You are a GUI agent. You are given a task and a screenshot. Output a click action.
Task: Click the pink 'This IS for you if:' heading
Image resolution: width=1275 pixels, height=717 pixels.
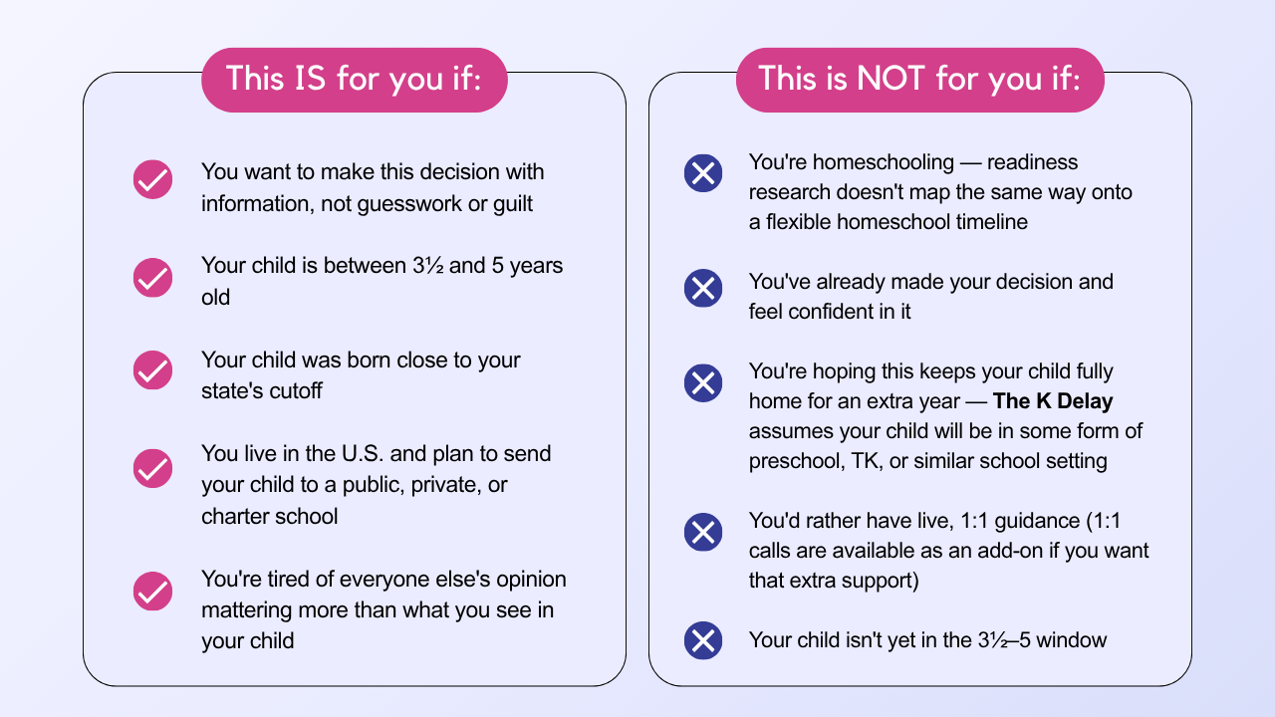click(354, 80)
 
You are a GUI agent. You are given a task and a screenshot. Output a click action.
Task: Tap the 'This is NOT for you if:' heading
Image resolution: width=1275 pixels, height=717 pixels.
click(919, 80)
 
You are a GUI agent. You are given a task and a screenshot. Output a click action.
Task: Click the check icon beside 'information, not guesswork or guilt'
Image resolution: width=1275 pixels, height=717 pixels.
click(152, 179)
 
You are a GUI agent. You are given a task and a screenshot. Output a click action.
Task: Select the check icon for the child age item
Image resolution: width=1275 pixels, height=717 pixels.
click(152, 278)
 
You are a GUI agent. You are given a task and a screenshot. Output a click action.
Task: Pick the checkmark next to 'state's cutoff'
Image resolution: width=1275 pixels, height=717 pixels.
click(152, 369)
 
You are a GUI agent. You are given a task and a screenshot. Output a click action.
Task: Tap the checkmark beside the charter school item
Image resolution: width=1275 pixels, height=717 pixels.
click(152, 468)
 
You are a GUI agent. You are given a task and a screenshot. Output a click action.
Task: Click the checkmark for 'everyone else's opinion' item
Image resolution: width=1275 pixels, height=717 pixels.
click(152, 592)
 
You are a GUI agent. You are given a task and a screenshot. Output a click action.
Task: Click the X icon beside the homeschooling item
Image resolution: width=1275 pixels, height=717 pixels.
click(703, 173)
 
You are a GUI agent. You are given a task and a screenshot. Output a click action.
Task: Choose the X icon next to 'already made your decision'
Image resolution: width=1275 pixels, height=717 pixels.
click(703, 288)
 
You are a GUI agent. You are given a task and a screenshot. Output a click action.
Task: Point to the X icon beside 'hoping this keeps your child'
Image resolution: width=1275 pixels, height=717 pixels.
click(703, 383)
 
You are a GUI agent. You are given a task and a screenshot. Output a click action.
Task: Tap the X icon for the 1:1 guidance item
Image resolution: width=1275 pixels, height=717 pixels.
click(703, 532)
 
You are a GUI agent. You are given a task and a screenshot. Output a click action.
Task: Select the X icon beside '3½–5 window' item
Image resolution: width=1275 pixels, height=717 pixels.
click(703, 640)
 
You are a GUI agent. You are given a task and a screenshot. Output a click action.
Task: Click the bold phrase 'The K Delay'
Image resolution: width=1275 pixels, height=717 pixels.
click(1053, 401)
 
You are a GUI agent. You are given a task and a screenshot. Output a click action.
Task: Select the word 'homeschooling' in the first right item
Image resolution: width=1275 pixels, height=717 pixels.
click(884, 162)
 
